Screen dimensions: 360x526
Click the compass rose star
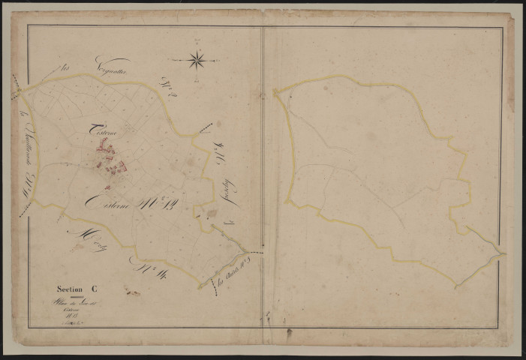click(x=197, y=58)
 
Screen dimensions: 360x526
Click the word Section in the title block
click(x=72, y=288)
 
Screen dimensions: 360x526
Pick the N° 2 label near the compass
click(x=167, y=87)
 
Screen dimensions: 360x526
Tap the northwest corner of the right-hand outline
click(x=275, y=93)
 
